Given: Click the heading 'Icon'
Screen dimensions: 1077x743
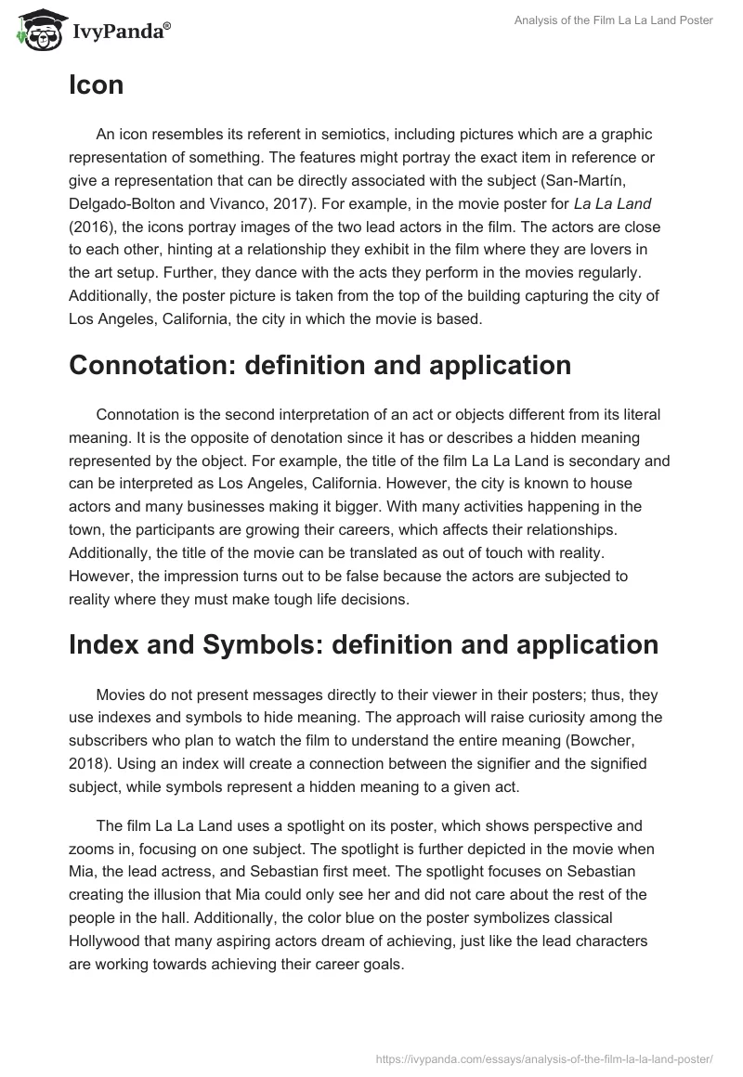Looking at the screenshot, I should (x=96, y=86).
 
